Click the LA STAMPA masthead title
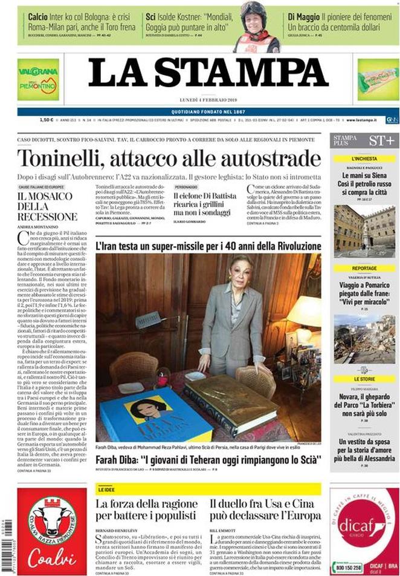208,74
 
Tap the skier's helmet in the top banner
254,11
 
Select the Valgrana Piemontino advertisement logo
38,79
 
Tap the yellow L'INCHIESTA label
364,159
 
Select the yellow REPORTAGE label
364,268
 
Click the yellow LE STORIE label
364,379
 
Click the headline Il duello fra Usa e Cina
265,509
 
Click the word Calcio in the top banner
37,16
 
